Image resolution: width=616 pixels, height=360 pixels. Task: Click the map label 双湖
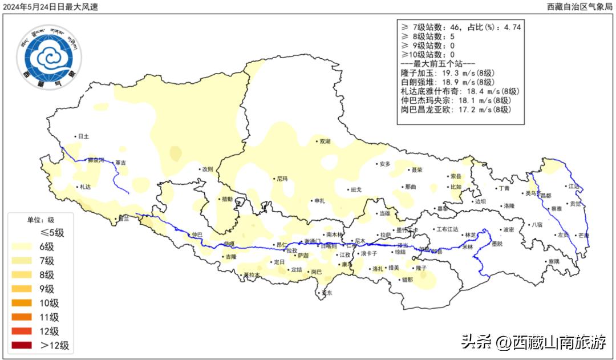click(x=325, y=141)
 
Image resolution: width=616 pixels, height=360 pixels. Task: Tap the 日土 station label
click(x=83, y=136)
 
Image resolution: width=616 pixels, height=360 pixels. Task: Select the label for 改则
click(x=207, y=169)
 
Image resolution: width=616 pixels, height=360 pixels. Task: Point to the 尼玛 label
click(x=282, y=179)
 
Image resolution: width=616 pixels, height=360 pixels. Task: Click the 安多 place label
click(x=384, y=164)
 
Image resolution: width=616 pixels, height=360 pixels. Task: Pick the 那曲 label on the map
click(x=411, y=187)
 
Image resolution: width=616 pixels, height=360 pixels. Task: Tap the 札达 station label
click(x=85, y=187)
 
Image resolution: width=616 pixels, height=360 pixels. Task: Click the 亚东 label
click(x=327, y=293)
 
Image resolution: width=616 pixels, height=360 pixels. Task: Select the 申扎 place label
click(x=319, y=201)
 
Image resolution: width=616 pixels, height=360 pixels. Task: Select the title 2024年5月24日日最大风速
click(x=51, y=7)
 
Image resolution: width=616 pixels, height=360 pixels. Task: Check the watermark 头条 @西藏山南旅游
click(x=533, y=342)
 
